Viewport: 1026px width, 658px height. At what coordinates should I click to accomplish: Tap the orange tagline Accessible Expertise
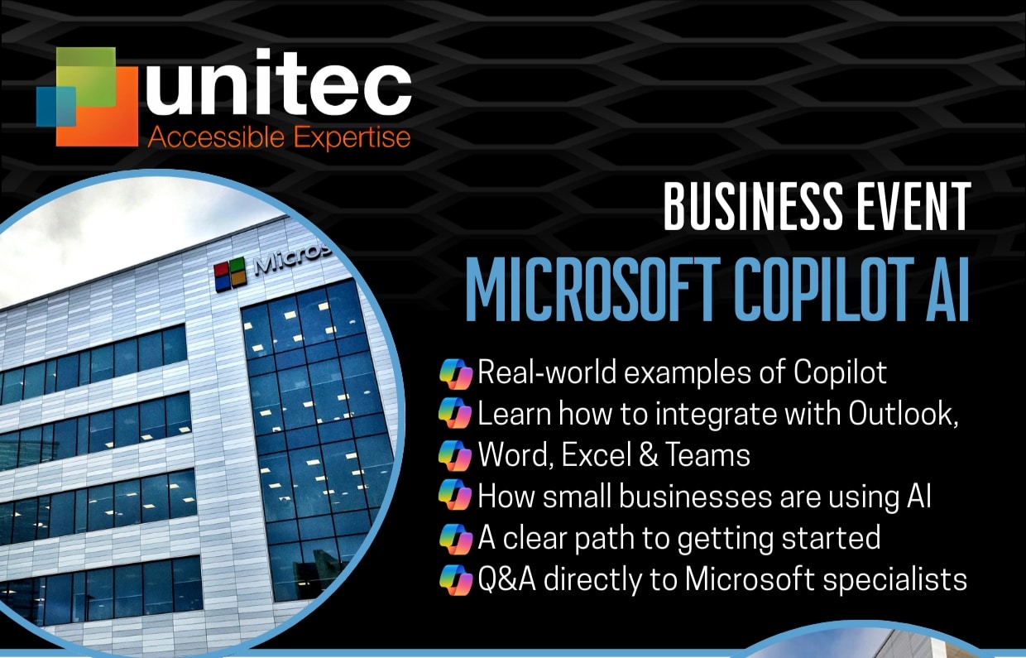pos(280,138)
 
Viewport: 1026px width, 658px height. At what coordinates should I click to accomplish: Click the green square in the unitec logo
pos(86,76)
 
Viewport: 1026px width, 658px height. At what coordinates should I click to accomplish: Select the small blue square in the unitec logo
pos(56,106)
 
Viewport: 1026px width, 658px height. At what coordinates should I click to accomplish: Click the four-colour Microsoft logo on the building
pos(230,275)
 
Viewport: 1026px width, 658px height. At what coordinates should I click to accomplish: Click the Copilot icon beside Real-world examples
pos(455,373)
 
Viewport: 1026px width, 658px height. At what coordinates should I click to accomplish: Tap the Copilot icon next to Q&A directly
pos(455,579)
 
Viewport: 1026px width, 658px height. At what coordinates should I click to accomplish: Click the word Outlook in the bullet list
pos(904,414)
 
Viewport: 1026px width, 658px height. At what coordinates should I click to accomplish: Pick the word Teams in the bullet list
pos(707,455)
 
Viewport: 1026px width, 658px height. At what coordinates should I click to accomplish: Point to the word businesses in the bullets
pos(695,497)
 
